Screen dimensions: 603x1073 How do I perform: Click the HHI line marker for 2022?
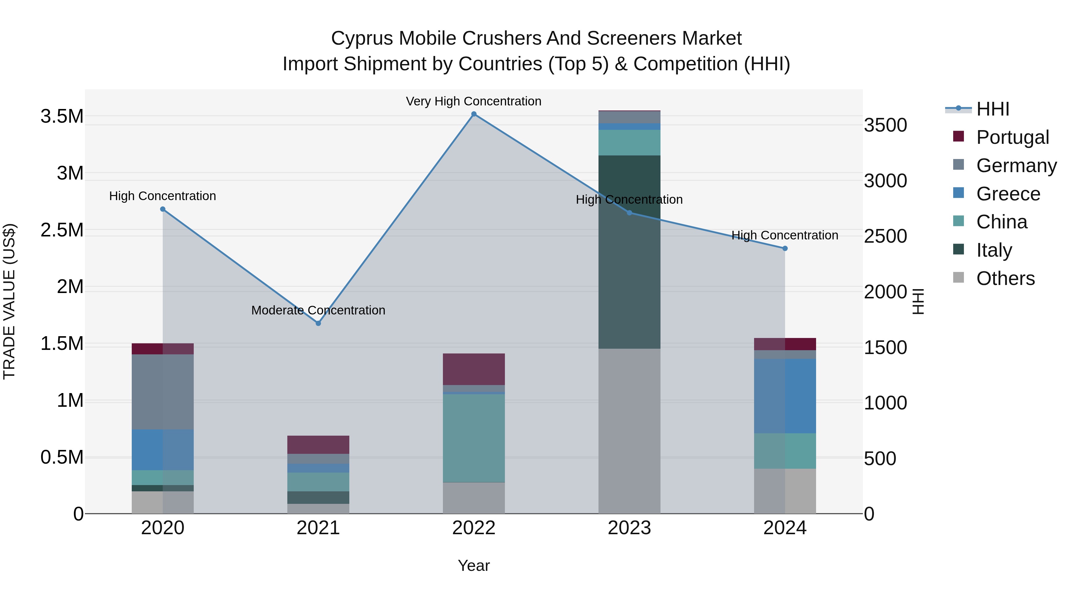pyautogui.click(x=474, y=114)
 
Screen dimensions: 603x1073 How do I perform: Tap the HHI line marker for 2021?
pyautogui.click(x=318, y=323)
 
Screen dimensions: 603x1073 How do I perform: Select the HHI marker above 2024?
pyautogui.click(x=785, y=248)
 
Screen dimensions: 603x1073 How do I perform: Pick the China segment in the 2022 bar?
pyautogui.click(x=474, y=438)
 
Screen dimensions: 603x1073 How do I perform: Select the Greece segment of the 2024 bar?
pyautogui.click(x=785, y=396)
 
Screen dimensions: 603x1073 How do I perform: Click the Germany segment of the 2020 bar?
pyautogui.click(x=162, y=392)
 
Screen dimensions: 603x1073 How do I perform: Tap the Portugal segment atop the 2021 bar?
pyautogui.click(x=318, y=445)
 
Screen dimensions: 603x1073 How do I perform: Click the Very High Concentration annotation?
pyautogui.click(x=474, y=101)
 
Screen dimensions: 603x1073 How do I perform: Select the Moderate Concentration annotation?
pyautogui.click(x=318, y=310)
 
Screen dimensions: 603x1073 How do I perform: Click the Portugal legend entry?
pyautogui.click(x=1012, y=137)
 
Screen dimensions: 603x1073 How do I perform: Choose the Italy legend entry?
pyautogui.click(x=994, y=250)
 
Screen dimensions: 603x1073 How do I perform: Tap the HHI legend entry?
pyautogui.click(x=993, y=109)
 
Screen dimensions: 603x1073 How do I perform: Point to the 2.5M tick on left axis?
pyautogui.click(x=62, y=230)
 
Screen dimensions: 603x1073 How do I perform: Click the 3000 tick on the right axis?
pyautogui.click(x=885, y=181)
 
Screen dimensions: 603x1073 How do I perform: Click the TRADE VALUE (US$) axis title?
pyautogui.click(x=9, y=301)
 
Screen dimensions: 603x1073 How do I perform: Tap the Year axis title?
pyautogui.click(x=474, y=565)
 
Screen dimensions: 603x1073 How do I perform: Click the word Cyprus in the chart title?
pyautogui.click(x=362, y=38)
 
